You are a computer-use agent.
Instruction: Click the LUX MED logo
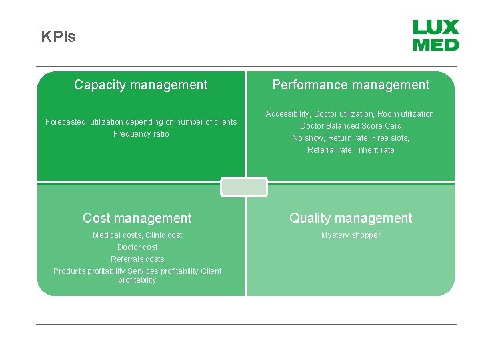coord(436,35)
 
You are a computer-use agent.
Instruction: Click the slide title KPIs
coord(59,37)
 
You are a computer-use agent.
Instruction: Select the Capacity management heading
coord(141,85)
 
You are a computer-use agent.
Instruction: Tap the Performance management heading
coord(351,85)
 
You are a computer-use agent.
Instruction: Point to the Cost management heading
coord(137,218)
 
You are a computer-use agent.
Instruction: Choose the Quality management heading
coord(351,218)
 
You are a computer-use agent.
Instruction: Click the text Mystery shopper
coord(351,235)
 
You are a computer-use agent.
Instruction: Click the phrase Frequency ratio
coord(141,134)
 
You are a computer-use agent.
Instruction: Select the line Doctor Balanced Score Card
coord(351,126)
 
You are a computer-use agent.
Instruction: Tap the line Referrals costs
coord(137,259)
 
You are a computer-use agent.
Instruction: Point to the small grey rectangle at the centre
coord(244,187)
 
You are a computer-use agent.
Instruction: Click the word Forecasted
coord(65,122)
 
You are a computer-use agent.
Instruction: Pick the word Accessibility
coord(287,114)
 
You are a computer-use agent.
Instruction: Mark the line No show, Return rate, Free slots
coord(351,138)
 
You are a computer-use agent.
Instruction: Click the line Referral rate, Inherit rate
coord(351,150)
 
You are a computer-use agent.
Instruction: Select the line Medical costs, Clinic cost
coord(137,235)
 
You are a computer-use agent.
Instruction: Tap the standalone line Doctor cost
coord(137,247)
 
